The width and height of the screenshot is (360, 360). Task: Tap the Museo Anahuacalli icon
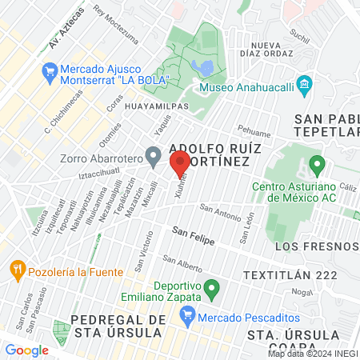304,85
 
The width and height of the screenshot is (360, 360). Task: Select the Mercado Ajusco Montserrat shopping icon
50,70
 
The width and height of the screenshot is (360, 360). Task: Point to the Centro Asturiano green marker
317,166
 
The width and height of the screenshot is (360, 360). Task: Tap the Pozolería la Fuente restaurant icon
16,267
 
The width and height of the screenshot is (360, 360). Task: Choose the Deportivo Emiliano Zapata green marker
211,286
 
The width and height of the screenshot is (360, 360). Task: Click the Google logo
26,350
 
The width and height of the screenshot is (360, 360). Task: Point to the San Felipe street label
193,230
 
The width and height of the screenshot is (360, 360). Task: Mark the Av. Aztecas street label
66,30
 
